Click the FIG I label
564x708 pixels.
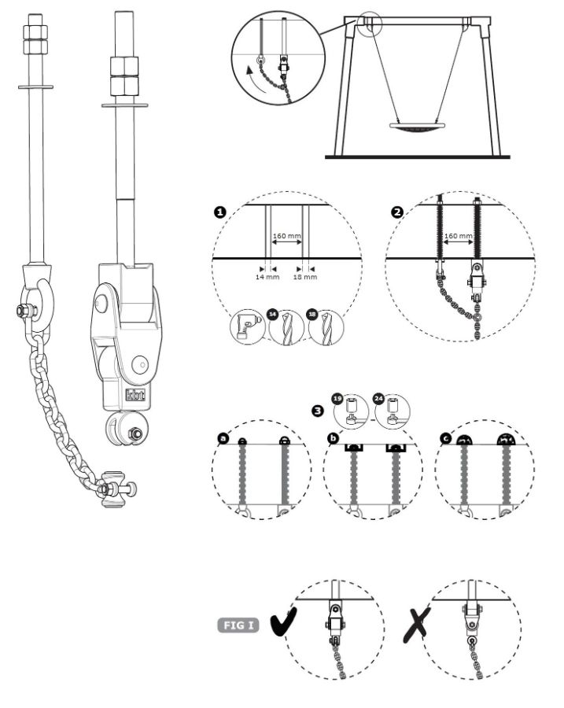[x=239, y=626]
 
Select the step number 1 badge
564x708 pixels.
[x=220, y=212]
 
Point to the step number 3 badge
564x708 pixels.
[x=317, y=410]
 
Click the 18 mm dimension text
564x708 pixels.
[x=306, y=277]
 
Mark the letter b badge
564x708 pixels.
[x=334, y=437]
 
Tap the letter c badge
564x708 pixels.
[x=445, y=437]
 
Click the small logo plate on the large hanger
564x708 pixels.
[x=131, y=396]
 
